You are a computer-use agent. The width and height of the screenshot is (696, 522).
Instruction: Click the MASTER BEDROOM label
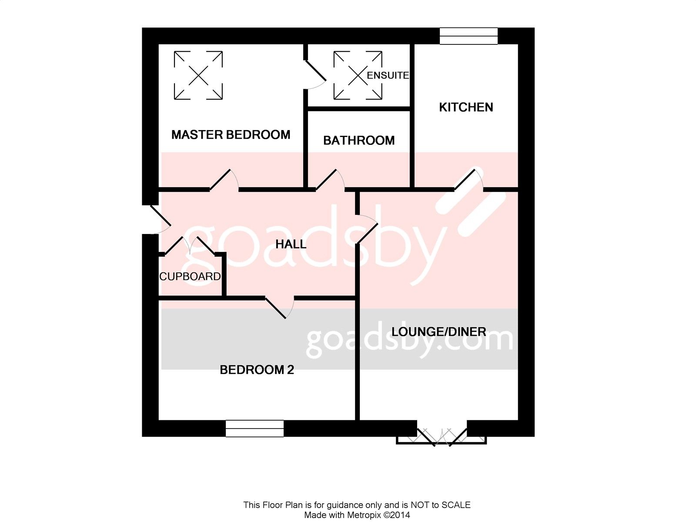click(x=231, y=135)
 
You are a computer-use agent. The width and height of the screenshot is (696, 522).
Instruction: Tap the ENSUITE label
click(x=388, y=75)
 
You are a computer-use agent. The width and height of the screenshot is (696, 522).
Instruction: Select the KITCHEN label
click(x=466, y=107)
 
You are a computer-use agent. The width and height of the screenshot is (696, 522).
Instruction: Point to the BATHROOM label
click(x=359, y=141)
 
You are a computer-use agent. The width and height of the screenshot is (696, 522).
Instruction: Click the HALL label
click(x=291, y=244)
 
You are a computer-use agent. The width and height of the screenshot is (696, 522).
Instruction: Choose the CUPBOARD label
click(x=190, y=277)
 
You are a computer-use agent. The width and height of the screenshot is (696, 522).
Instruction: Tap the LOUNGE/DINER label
click(x=439, y=332)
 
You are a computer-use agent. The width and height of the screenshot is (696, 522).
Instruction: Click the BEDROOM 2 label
click(x=257, y=370)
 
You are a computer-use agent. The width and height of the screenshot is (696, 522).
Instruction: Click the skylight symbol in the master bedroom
click(x=198, y=75)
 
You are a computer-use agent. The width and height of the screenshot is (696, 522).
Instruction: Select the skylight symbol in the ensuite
click(x=358, y=75)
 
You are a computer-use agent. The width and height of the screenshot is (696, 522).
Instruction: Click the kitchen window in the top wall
click(x=468, y=36)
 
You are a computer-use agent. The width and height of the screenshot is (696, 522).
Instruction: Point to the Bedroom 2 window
click(x=254, y=428)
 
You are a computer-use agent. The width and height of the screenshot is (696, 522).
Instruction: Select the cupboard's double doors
click(x=190, y=246)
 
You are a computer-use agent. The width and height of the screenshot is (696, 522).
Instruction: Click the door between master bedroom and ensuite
click(x=315, y=75)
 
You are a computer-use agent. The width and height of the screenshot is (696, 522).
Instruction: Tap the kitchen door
click(x=468, y=179)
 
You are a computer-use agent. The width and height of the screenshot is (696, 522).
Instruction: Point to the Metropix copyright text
click(x=357, y=515)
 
